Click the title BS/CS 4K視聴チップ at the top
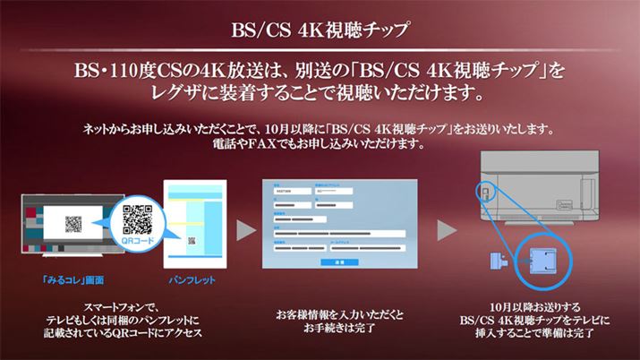(x=320, y=30)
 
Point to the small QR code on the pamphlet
(x=190, y=240)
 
